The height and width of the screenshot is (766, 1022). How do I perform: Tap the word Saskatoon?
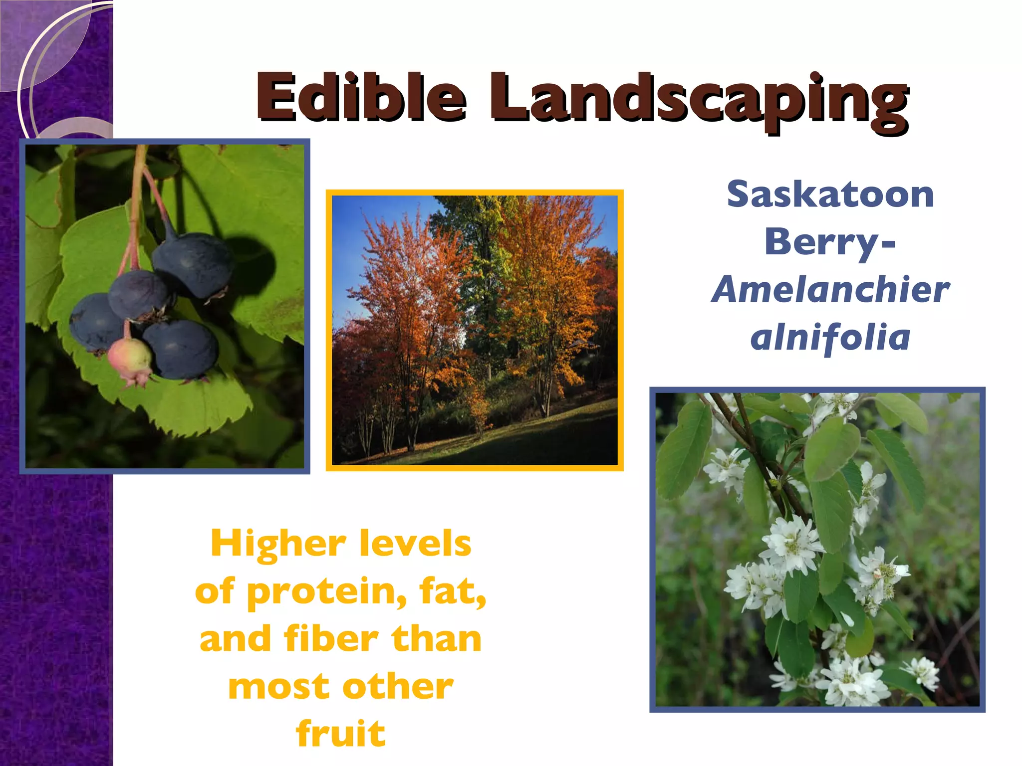(x=830, y=194)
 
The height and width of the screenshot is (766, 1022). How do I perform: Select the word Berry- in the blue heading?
(x=830, y=242)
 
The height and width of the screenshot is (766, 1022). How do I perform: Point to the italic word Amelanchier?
(x=830, y=290)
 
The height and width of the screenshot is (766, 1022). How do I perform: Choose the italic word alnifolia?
(x=830, y=337)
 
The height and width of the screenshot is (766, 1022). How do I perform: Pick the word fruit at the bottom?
(x=341, y=733)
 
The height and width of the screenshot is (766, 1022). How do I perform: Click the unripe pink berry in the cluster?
(x=130, y=357)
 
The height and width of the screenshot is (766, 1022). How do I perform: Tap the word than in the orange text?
(x=437, y=639)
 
